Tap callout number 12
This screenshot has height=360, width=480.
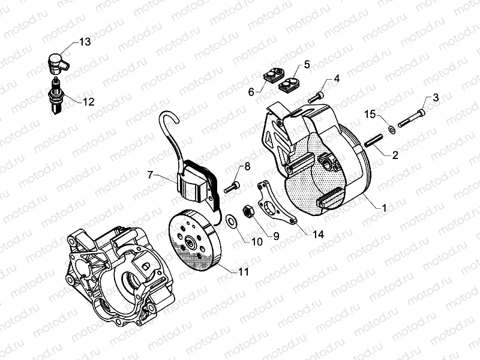tap(88, 101)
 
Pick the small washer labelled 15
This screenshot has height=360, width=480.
tap(391, 128)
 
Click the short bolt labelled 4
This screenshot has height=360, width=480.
tap(316, 96)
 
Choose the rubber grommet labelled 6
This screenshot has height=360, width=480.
tap(273, 76)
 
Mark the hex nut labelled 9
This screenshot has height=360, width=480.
tap(246, 212)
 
